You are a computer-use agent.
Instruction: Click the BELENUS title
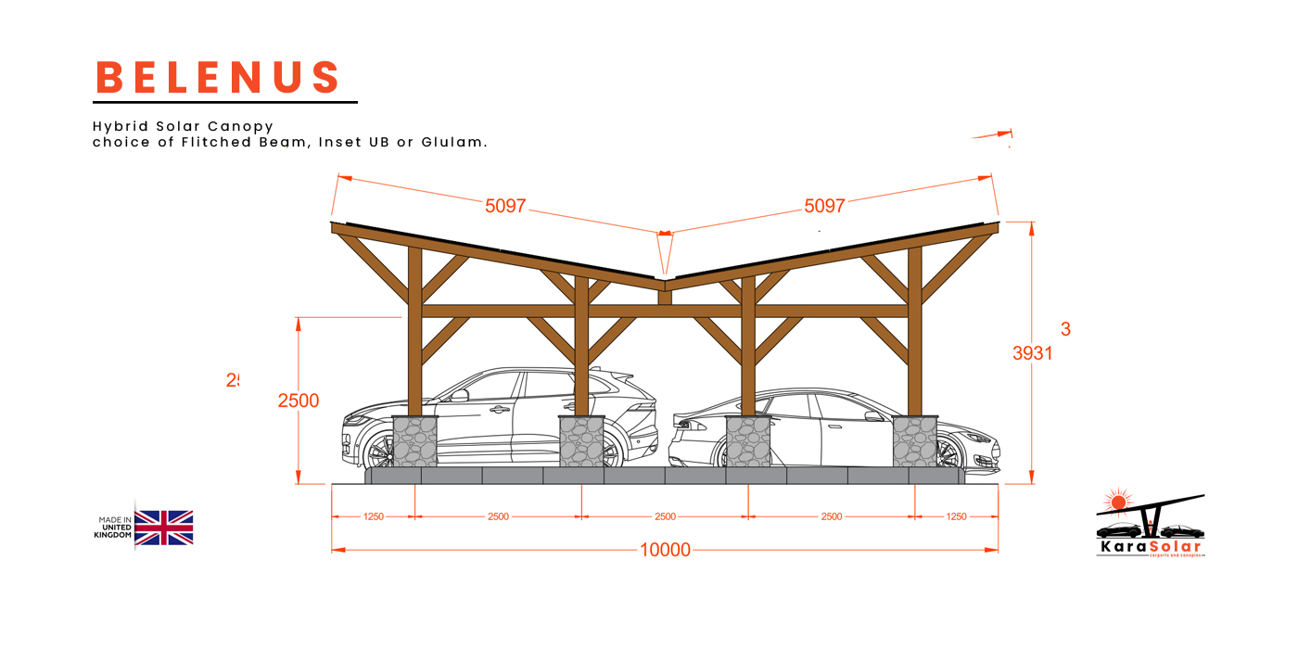pos(219,78)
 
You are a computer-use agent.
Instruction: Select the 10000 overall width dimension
pos(665,550)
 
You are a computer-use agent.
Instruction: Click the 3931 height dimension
pos(1032,352)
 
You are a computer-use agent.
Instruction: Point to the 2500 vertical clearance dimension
pos(298,401)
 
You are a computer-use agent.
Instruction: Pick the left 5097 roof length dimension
pos(505,206)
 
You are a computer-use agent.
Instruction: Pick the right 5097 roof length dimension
pos(824,206)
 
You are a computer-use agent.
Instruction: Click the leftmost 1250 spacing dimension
pos(373,516)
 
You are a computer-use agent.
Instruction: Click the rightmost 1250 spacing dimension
pos(955,516)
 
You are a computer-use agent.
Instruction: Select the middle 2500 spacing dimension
pos(665,516)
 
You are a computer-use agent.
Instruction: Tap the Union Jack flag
pos(164,528)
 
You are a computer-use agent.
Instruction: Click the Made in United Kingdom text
pos(115,528)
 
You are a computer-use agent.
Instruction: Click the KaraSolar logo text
pos(1149,547)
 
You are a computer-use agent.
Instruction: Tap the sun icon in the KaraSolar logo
pos(1118,502)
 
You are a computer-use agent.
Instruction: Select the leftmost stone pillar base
pos(414,441)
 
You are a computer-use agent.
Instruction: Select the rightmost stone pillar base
pos(915,441)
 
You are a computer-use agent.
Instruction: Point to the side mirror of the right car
pos(872,416)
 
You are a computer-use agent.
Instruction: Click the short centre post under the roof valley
pos(664,297)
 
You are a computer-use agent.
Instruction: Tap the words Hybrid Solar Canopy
pos(183,126)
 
